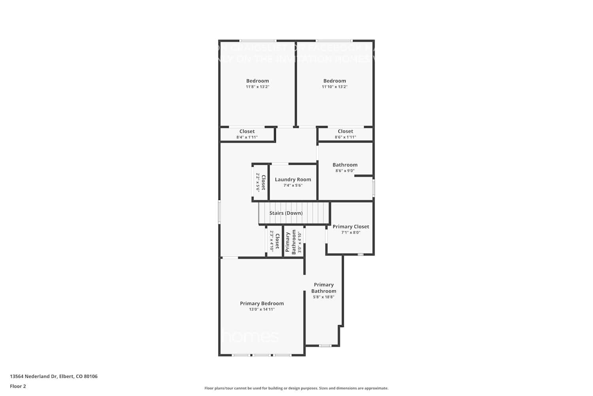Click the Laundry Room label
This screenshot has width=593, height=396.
pos(293,179)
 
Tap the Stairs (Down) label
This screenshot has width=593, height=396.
pos(286,213)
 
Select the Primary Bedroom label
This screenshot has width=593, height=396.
pos(262,303)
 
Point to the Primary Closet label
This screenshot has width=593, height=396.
pos(351,227)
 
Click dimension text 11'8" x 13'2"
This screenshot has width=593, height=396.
pos(257,87)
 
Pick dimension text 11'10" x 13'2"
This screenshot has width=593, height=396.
pos(334,87)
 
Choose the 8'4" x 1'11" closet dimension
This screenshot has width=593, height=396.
pos(247,137)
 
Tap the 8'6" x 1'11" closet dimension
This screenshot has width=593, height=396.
pos(345,137)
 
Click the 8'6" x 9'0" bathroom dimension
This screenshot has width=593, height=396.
pos(345,171)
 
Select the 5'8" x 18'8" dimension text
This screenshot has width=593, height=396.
pos(324,297)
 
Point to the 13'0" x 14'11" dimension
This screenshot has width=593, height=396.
pos(262,309)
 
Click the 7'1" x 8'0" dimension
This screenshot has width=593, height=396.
pos(351,232)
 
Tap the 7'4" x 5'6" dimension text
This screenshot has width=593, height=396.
pos(293,185)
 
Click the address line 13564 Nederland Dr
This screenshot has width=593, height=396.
pos(54,376)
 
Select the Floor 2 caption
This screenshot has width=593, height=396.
pos(18,386)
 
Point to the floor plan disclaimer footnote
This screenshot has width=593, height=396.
pos(296,388)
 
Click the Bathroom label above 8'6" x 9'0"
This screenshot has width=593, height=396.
pos(345,165)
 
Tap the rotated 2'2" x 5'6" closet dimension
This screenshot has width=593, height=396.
pos(258,182)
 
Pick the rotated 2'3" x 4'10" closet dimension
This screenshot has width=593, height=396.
pos(272,241)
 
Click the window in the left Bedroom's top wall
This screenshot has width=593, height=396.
pos(258,40)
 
